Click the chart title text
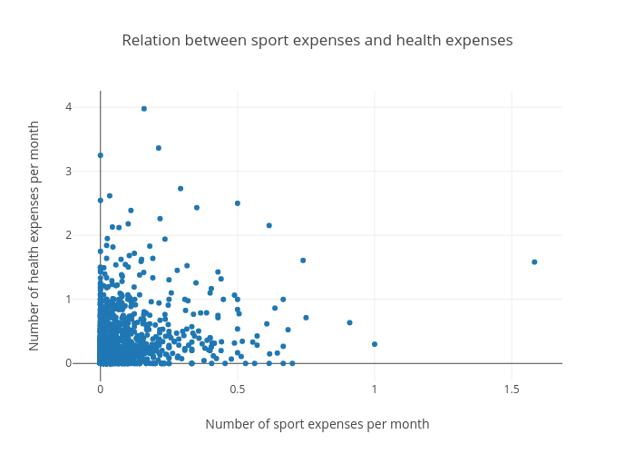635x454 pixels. pyautogui.click(x=317, y=41)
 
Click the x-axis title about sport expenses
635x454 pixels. pyautogui.click(x=317, y=424)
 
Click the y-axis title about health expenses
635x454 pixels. pyautogui.click(x=34, y=235)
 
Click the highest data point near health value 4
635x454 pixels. pyautogui.click(x=144, y=109)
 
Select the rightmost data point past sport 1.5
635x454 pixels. pyautogui.click(x=534, y=262)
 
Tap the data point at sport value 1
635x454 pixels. pyautogui.click(x=375, y=344)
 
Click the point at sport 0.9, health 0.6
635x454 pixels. pyautogui.click(x=349, y=322)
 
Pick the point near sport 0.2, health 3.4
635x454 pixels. pyautogui.click(x=159, y=148)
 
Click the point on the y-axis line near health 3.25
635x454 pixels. pyautogui.click(x=101, y=155)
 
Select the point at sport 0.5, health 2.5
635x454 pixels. pyautogui.click(x=238, y=203)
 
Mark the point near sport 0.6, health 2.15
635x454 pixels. pyautogui.click(x=269, y=225)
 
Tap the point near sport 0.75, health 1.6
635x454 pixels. pyautogui.click(x=303, y=261)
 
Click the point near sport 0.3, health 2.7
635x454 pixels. pyautogui.click(x=181, y=189)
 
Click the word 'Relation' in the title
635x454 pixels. pyautogui.click(x=150, y=41)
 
